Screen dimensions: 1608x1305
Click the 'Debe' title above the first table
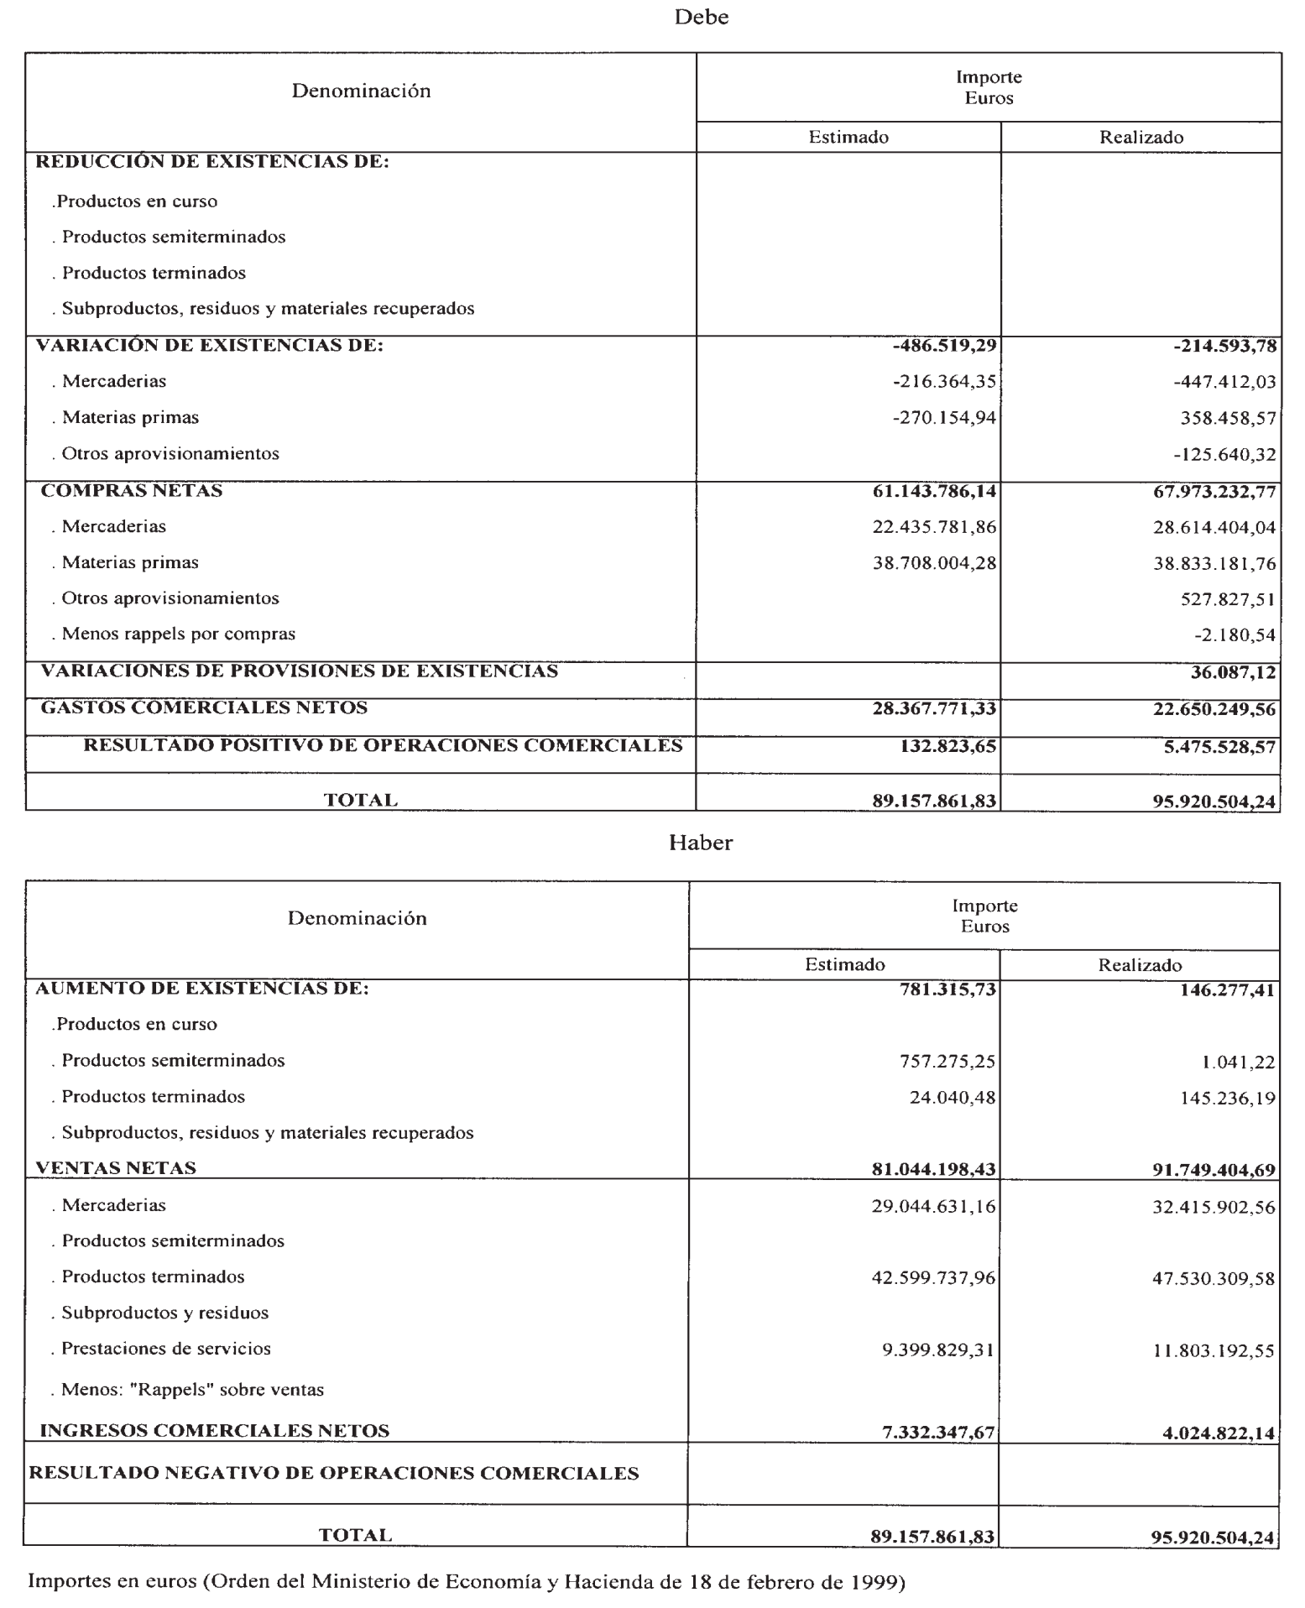tap(702, 18)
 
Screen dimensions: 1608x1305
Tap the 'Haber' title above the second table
tap(701, 843)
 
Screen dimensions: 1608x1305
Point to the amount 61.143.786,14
tap(934, 491)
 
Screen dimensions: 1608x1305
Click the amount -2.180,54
tap(1235, 635)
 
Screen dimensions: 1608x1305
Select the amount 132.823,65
tap(943, 746)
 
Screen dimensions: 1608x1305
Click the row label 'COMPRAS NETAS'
tap(132, 491)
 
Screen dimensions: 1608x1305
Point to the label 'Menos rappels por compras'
tap(178, 634)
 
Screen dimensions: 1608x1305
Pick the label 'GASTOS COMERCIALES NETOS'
tap(204, 707)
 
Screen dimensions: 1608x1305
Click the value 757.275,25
tap(947, 1062)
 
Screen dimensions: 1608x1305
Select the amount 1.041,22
tap(1239, 1062)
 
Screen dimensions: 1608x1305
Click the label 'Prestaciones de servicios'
tap(166, 1349)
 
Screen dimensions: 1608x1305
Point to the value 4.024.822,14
tap(1219, 1433)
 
